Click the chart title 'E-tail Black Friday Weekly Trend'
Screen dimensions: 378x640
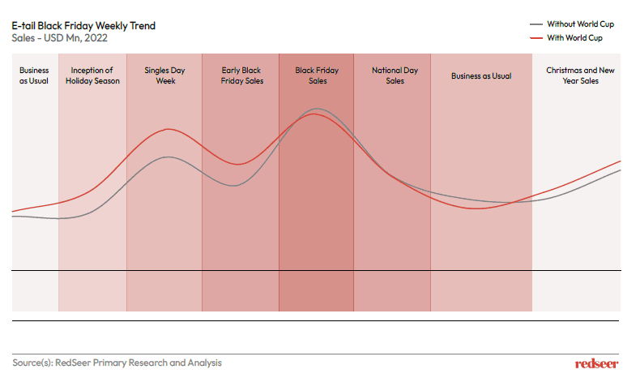(x=84, y=26)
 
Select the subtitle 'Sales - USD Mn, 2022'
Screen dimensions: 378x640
(x=60, y=38)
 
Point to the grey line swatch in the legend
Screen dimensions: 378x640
(x=535, y=24)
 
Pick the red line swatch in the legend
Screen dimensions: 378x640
(x=535, y=37)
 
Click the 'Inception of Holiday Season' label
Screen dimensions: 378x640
(x=92, y=75)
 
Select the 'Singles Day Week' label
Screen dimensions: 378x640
(x=164, y=75)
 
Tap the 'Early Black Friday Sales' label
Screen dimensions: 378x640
(x=241, y=75)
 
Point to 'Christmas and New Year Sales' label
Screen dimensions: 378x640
(x=578, y=75)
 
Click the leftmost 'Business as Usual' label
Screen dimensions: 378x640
(x=34, y=75)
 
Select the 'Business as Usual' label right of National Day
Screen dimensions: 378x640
(x=481, y=75)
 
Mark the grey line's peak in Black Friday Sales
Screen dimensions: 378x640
(x=318, y=109)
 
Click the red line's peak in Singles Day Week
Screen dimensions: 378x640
(x=169, y=129)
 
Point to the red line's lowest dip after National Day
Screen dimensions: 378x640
(x=480, y=208)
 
